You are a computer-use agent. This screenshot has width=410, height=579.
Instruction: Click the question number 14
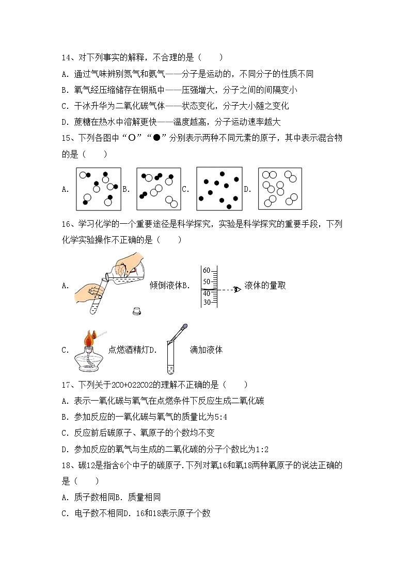pyautogui.click(x=66, y=58)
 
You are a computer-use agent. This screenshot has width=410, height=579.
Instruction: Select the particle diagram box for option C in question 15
pyautogui.click(x=218, y=189)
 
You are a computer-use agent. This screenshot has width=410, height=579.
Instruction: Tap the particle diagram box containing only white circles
pyautogui.click(x=279, y=189)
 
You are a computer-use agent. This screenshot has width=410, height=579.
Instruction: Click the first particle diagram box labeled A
pyautogui.click(x=98, y=189)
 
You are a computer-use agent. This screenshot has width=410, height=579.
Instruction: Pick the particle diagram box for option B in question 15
pyautogui.click(x=159, y=189)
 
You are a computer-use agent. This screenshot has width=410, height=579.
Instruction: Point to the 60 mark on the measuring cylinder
pyautogui.click(x=207, y=271)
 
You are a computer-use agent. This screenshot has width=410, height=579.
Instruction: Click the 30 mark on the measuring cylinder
pyautogui.click(x=207, y=303)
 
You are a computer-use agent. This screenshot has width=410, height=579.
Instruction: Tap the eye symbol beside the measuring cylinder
pyautogui.click(x=237, y=289)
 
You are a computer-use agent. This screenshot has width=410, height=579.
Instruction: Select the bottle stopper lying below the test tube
pyautogui.click(x=137, y=310)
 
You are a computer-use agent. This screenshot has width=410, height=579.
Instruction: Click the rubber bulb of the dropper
pyautogui.click(x=184, y=326)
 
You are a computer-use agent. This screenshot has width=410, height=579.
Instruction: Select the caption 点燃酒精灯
pyautogui.click(x=128, y=350)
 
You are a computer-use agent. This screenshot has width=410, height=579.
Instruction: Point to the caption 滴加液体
pyautogui.click(x=206, y=350)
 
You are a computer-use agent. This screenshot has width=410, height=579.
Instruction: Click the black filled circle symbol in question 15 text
pyautogui.click(x=156, y=138)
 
